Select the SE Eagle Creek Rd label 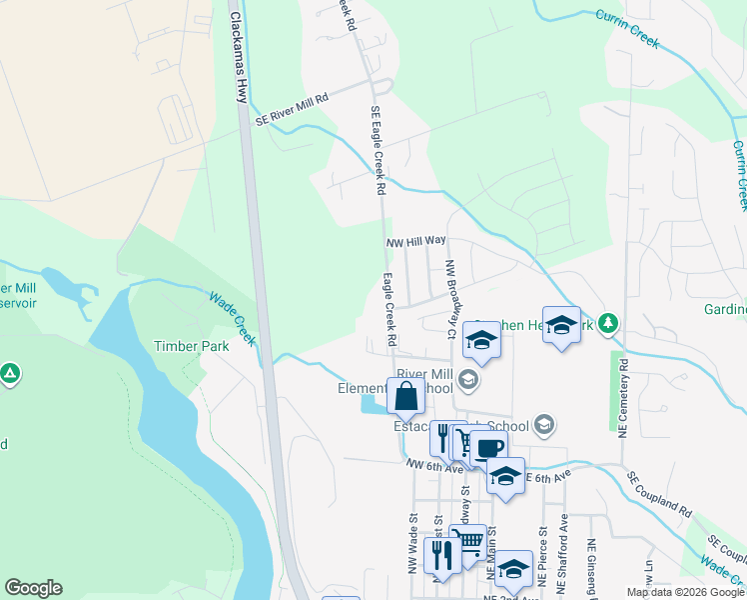pyautogui.click(x=377, y=149)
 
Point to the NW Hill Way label pyautogui.click(x=415, y=241)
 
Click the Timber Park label pyautogui.click(x=191, y=346)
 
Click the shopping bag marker pyautogui.click(x=405, y=398)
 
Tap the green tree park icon pyautogui.click(x=608, y=324)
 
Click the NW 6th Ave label pyautogui.click(x=434, y=465)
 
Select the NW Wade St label pyautogui.click(x=411, y=546)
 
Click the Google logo pyautogui.click(x=34, y=588)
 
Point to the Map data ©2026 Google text pyautogui.click(x=685, y=592)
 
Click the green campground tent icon pyautogui.click(x=9, y=374)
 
